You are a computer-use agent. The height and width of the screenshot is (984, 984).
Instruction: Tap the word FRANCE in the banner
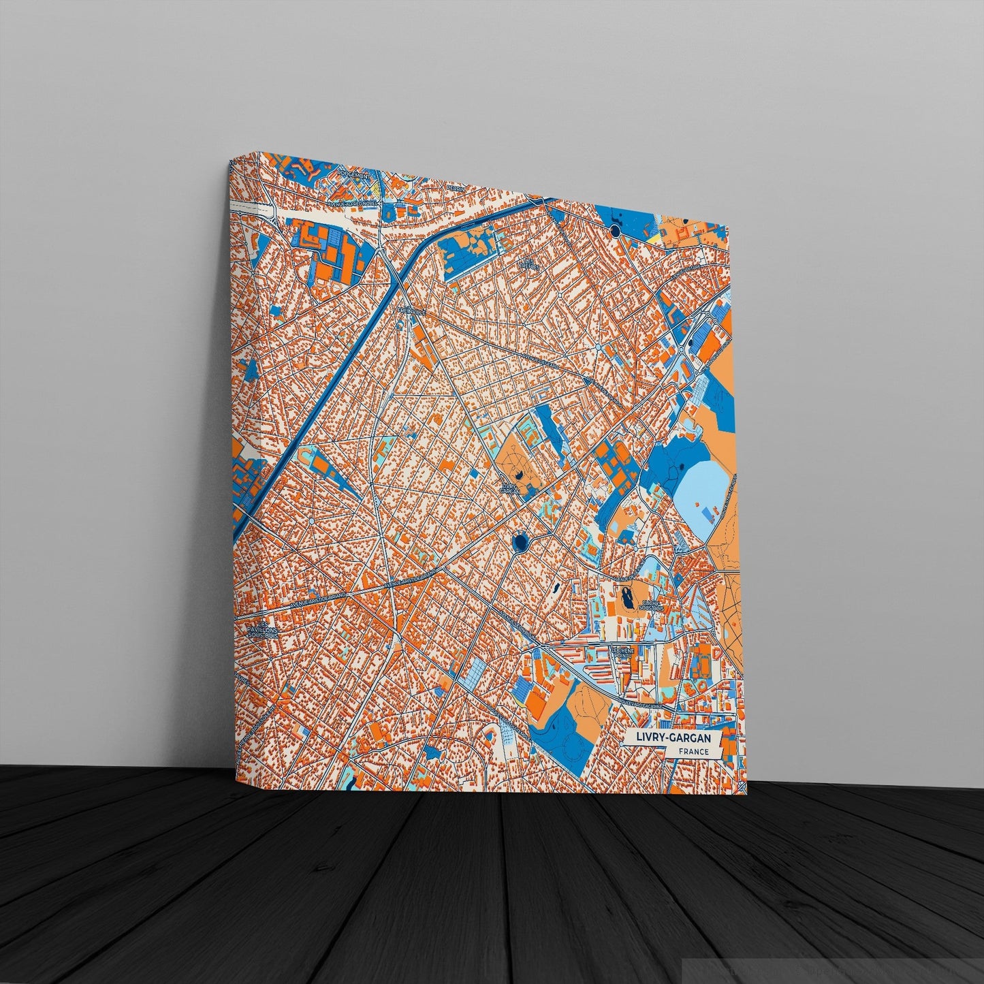(x=694, y=752)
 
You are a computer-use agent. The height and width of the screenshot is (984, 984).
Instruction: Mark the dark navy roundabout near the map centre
(x=522, y=542)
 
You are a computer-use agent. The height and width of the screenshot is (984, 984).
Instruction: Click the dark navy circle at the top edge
(x=616, y=232)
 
